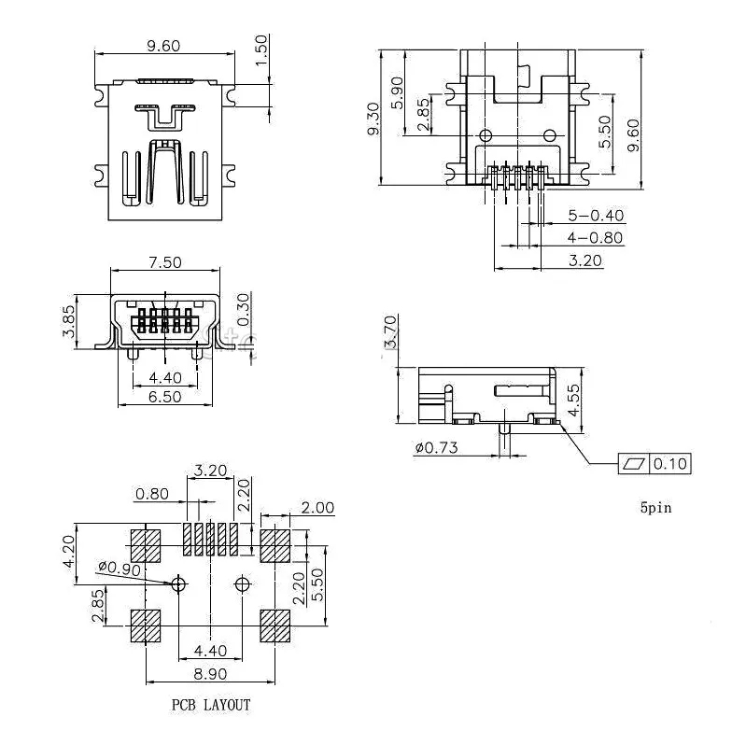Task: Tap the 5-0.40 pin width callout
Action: tap(596, 217)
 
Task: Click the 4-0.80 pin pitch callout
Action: tap(596, 238)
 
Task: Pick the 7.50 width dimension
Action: tap(164, 262)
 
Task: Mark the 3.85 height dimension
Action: tap(68, 320)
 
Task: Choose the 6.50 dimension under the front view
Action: tap(164, 397)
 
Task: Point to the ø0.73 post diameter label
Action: tap(438, 447)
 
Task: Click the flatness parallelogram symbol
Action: tap(633, 463)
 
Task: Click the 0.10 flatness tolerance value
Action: tap(669, 463)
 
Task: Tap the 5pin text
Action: tap(655, 509)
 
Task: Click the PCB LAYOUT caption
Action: tap(210, 706)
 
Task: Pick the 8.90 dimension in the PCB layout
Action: tap(210, 672)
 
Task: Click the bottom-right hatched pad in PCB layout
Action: tap(275, 626)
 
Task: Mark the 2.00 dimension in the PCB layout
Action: tap(317, 508)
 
